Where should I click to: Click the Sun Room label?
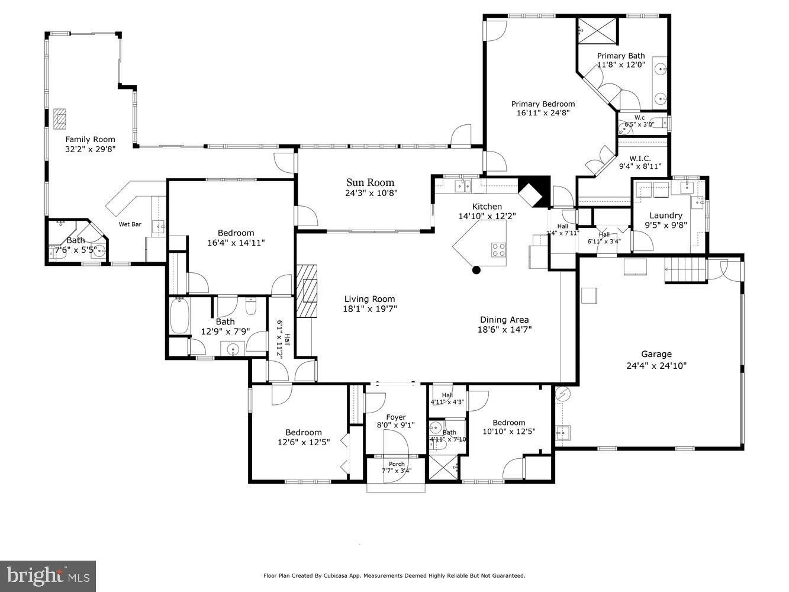(x=370, y=182)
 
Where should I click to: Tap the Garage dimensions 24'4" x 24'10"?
(x=656, y=366)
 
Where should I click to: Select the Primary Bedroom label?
(x=543, y=104)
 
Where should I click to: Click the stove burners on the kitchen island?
(x=499, y=250)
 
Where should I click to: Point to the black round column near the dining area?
(x=476, y=271)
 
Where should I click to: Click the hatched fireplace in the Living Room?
(x=307, y=291)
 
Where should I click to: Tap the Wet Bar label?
(x=130, y=224)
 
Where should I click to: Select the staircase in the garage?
(x=686, y=270)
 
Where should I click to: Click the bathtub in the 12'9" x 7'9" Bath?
(x=179, y=317)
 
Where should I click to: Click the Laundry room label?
(x=666, y=215)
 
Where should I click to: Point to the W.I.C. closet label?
(x=640, y=158)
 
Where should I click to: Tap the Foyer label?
(x=396, y=417)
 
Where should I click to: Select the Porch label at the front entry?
(x=397, y=464)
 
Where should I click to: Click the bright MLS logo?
(x=48, y=575)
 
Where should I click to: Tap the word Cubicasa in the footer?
(x=337, y=575)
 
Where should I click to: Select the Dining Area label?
(x=504, y=320)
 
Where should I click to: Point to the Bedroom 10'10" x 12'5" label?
(x=508, y=423)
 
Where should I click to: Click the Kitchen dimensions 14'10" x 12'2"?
(x=487, y=216)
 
